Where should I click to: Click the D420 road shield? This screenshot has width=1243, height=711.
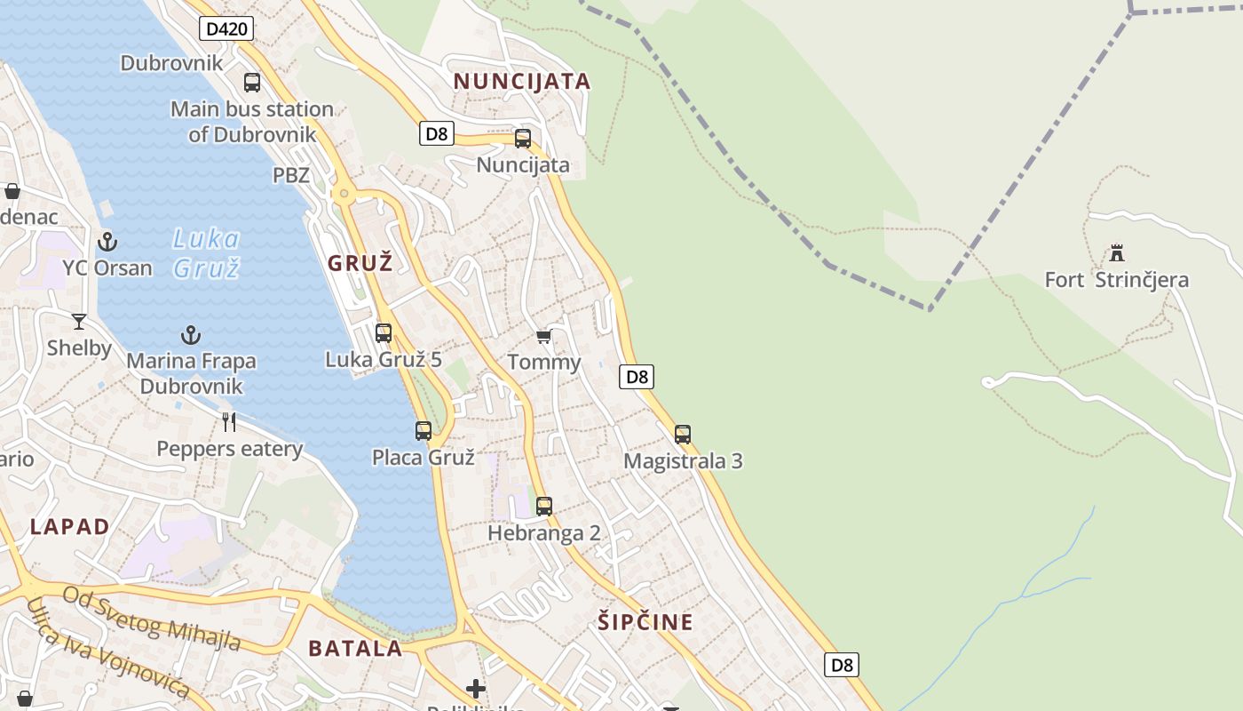tap(226, 29)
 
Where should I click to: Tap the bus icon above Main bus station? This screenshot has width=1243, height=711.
tap(252, 83)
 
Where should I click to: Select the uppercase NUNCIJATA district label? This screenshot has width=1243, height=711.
tap(522, 82)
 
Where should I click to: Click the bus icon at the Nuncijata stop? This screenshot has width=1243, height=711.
tap(523, 139)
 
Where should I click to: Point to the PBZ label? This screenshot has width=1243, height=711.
tap(290, 175)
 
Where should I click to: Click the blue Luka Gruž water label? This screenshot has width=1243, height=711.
tap(206, 253)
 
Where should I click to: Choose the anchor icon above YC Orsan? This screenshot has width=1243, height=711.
tap(107, 241)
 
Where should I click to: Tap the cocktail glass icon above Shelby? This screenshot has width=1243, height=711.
tap(79, 321)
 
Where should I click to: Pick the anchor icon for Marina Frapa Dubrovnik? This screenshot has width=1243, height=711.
tap(191, 335)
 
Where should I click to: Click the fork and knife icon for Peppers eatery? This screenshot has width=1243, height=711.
tap(229, 421)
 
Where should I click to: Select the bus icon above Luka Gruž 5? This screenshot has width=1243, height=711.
tap(384, 333)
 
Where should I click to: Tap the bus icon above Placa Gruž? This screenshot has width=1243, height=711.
tap(424, 431)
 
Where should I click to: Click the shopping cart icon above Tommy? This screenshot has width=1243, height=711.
tap(543, 336)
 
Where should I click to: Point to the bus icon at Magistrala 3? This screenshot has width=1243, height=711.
tap(683, 435)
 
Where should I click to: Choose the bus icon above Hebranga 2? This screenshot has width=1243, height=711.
tap(544, 507)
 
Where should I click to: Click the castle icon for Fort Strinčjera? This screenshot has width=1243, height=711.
tap(1117, 253)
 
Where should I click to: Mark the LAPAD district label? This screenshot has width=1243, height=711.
tap(70, 526)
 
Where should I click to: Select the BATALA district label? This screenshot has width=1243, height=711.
tap(355, 649)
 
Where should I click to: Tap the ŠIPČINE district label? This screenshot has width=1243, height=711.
tap(645, 622)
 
